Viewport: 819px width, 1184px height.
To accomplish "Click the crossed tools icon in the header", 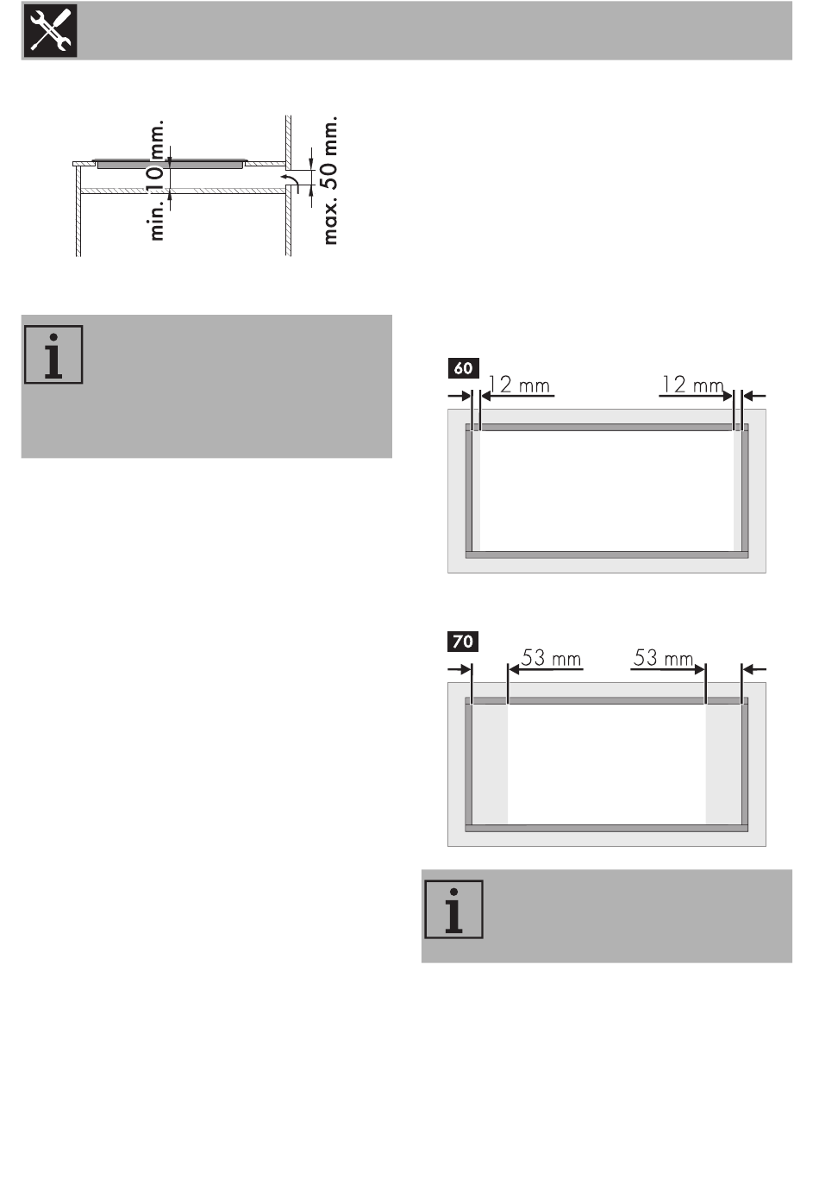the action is [50, 31].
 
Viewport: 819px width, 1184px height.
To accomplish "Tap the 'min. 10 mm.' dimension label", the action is [157, 180].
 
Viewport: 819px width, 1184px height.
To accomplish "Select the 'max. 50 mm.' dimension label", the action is [329, 181].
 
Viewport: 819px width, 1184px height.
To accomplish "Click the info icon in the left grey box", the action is [53, 354].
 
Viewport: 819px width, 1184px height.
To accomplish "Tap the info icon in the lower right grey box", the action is [453, 909].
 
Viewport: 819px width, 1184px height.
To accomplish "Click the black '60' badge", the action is [464, 368].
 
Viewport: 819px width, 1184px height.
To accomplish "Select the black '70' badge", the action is [463, 642].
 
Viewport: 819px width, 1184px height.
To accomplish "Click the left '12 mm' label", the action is [519, 385].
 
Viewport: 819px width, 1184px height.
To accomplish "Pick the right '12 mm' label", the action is [693, 385].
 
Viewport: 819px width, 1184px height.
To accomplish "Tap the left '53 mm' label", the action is [551, 658].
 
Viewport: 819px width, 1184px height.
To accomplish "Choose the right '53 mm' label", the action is [663, 658].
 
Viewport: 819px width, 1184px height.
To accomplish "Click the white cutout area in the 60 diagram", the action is [607, 491].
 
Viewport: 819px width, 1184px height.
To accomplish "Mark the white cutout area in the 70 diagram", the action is [607, 764].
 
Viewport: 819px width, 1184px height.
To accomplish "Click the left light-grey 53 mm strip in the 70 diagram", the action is [490, 764].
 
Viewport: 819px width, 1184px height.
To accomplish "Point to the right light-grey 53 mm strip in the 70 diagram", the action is [723, 764].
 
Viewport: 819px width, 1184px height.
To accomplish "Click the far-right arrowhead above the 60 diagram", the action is [747, 395].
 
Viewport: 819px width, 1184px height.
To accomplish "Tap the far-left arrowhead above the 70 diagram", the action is [466, 669].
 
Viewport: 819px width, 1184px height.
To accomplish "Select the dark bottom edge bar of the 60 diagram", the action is [607, 555].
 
